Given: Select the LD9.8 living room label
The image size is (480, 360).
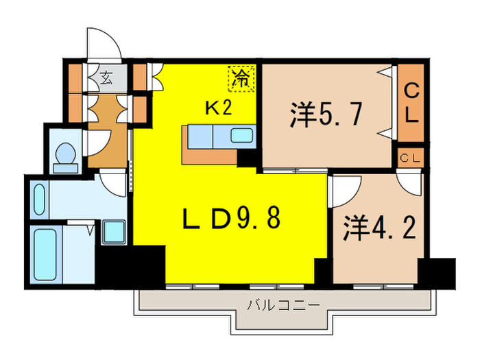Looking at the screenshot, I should [x=231, y=220].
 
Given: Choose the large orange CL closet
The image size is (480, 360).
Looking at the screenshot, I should [x=411, y=102].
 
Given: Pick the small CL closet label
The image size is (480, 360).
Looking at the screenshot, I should [x=411, y=158].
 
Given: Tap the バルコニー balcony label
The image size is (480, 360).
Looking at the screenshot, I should [x=283, y=304].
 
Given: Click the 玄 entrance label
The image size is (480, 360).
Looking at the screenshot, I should [x=106, y=78].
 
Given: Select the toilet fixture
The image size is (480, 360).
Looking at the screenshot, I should [x=67, y=156].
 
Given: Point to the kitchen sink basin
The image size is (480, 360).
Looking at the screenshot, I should [x=241, y=135].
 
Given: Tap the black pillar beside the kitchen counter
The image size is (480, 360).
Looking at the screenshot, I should [x=246, y=158].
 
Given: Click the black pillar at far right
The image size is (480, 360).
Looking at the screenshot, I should [x=435, y=272].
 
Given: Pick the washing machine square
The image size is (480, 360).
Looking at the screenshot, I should [x=113, y=232].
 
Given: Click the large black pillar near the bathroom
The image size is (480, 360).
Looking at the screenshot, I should [x=130, y=265].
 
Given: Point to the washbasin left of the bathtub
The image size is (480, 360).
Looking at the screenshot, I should [x=38, y=199].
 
